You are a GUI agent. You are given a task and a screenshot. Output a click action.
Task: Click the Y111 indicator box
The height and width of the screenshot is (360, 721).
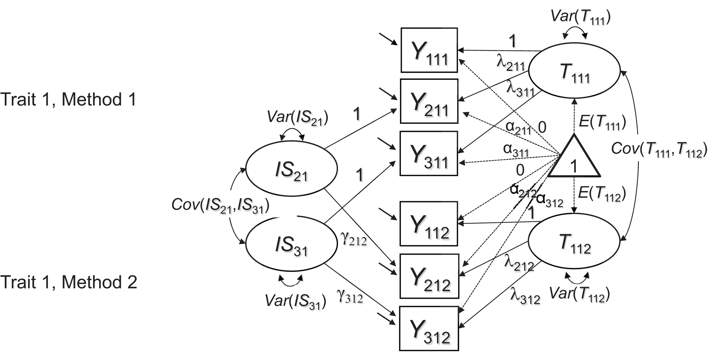point(429,50)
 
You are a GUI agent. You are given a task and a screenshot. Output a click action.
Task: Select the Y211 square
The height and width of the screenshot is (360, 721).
point(429,101)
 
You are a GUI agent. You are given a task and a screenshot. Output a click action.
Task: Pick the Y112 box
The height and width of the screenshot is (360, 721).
point(429,224)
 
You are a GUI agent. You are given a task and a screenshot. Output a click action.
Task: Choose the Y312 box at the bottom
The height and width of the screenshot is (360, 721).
point(429,329)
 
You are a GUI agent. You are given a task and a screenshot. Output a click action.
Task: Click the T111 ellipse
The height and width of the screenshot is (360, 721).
point(574,71)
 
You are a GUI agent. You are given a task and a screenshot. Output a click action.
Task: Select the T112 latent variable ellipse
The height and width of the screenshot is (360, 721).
point(574,242)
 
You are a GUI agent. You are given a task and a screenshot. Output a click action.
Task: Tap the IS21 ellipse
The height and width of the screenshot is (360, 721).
point(291,169)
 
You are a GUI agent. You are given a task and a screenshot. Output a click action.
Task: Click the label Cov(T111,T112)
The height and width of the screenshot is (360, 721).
point(659,149)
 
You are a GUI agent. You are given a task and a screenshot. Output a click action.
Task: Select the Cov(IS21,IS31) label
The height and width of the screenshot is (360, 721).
point(220,205)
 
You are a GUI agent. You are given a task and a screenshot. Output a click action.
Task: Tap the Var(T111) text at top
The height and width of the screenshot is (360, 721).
point(581,17)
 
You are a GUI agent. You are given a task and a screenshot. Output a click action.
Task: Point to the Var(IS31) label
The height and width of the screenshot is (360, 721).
point(295,301)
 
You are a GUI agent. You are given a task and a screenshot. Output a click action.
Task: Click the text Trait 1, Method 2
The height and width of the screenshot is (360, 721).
point(68,282)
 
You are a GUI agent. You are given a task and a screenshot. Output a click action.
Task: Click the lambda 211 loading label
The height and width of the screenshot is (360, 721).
point(510,63)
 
